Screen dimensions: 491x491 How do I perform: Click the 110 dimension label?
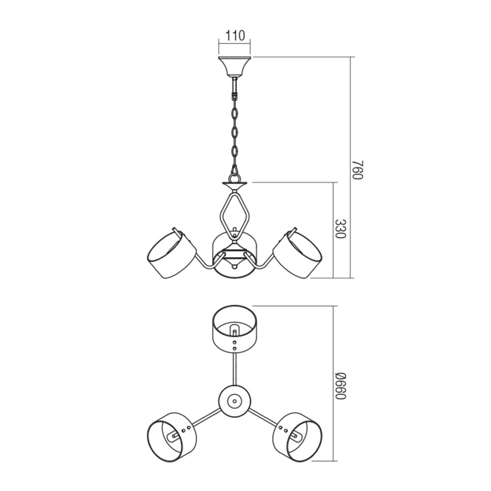[x=235, y=36]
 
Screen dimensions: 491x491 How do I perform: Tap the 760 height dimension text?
[x=357, y=170]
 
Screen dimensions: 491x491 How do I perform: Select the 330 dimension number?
[x=340, y=228]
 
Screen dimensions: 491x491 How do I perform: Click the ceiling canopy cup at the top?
[x=235, y=67]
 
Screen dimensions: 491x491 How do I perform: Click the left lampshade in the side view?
[x=171, y=253]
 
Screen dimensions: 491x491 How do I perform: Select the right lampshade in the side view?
[x=298, y=253]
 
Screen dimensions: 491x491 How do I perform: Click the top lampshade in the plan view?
[x=235, y=327]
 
